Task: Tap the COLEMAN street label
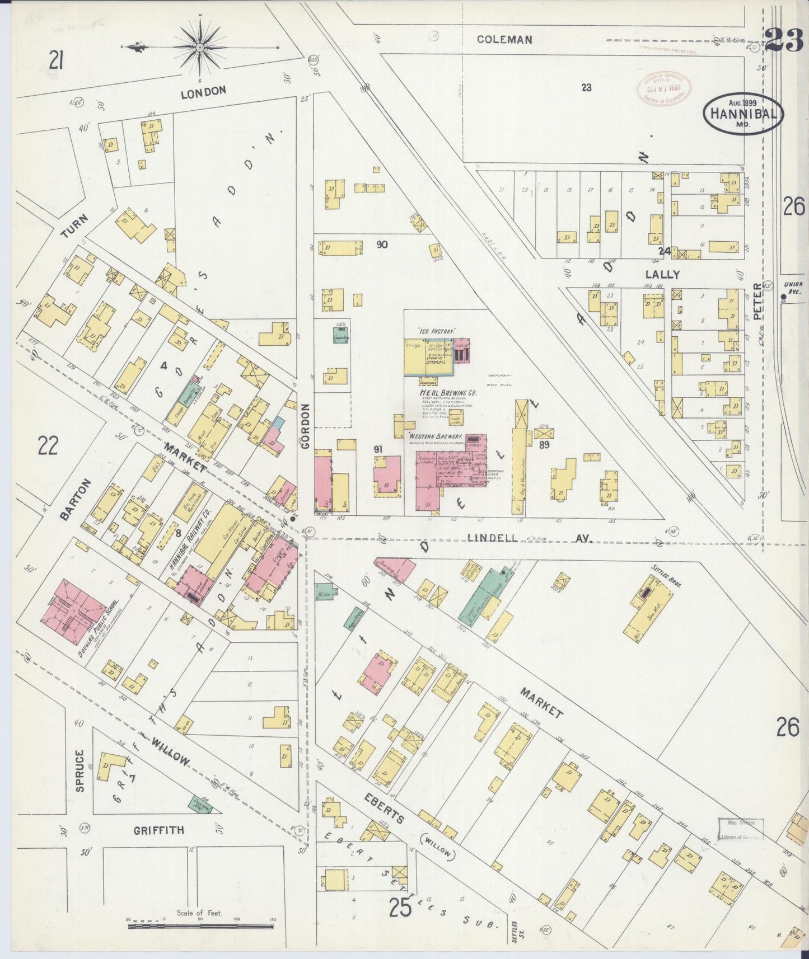pyautogui.click(x=504, y=40)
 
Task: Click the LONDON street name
pyautogui.click(x=203, y=91)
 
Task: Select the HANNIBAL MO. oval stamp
pyautogui.click(x=743, y=112)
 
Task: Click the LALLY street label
pyautogui.click(x=662, y=275)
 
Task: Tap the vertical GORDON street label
pyautogui.click(x=306, y=426)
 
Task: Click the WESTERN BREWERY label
pyautogui.click(x=435, y=436)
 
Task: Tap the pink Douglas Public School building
pyautogui.click(x=73, y=608)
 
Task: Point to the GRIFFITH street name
pyautogui.click(x=158, y=830)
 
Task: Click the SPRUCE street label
pyautogui.click(x=80, y=770)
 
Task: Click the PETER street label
pyautogui.click(x=757, y=302)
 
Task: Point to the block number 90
pyautogui.click(x=382, y=245)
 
